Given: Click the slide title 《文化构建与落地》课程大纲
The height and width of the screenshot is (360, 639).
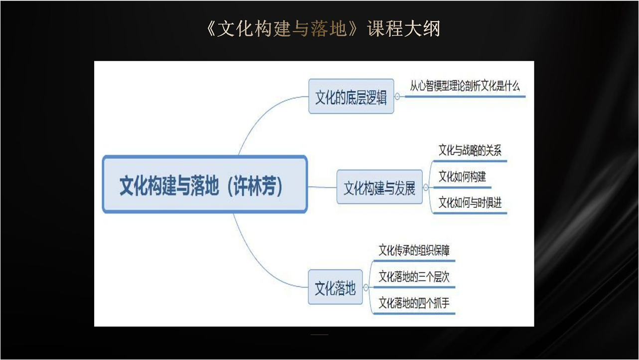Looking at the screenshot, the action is pyautogui.click(x=323, y=28).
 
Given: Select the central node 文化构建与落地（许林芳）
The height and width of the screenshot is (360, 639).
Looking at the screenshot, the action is pyautogui.click(x=205, y=184).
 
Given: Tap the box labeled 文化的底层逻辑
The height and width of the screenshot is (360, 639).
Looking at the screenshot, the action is pyautogui.click(x=351, y=96).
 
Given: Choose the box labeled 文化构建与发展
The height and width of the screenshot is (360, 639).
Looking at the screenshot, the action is pyautogui.click(x=379, y=187).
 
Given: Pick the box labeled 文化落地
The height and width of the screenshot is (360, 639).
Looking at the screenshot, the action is pyautogui.click(x=335, y=287).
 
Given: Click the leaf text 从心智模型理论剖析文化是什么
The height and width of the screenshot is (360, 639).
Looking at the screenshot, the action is pyautogui.click(x=465, y=86).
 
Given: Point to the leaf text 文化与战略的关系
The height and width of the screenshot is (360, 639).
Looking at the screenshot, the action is pyautogui.click(x=470, y=151).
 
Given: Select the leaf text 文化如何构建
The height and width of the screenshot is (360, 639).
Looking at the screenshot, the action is pyautogui.click(x=462, y=177).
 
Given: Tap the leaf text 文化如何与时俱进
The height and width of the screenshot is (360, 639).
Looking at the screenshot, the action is pyautogui.click(x=470, y=202).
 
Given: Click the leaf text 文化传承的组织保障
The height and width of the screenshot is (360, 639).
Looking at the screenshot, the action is pyautogui.click(x=414, y=250).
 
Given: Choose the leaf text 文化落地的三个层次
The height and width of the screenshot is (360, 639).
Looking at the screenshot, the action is pyautogui.click(x=414, y=276).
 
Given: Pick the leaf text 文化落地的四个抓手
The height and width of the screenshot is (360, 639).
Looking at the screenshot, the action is pyautogui.click(x=414, y=303).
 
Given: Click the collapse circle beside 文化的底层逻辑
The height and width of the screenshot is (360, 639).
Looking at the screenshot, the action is pyautogui.click(x=397, y=96).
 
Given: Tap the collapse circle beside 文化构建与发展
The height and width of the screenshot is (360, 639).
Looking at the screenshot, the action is pyautogui.click(x=426, y=187).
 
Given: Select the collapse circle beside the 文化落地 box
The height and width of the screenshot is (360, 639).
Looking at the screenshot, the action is pyautogui.click(x=366, y=287).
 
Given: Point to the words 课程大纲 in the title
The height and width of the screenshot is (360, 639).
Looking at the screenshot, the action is pyautogui.click(x=404, y=28).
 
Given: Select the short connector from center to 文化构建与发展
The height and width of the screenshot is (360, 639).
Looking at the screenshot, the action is pyautogui.click(x=322, y=187).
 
